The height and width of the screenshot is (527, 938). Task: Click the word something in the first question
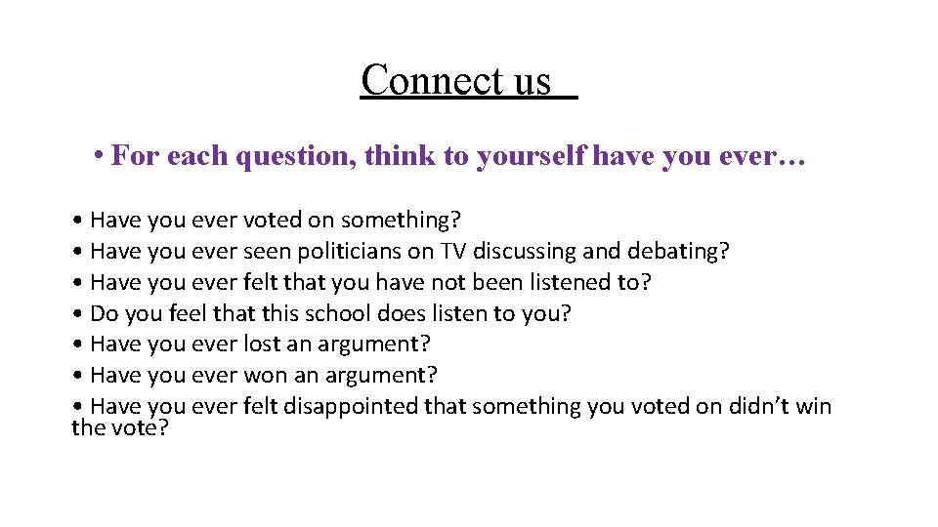tap(394, 220)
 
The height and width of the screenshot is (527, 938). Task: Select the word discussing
tap(525, 251)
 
